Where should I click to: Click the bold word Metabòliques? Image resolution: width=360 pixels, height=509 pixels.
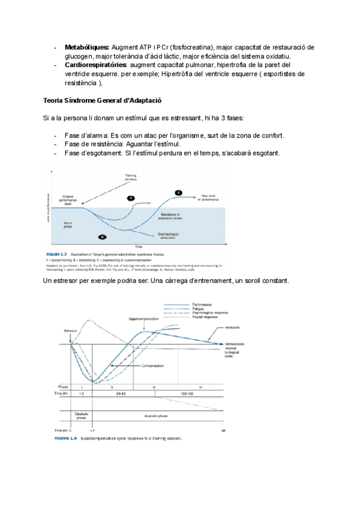click(86, 47)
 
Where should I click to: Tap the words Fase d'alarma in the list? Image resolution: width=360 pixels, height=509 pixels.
click(86, 136)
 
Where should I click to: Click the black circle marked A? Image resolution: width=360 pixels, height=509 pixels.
click(131, 197)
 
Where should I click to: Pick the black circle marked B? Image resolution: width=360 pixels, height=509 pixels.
click(103, 236)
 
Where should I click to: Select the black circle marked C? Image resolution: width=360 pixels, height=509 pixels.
click(178, 192)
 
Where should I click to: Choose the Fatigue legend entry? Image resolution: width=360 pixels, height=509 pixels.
click(207, 308)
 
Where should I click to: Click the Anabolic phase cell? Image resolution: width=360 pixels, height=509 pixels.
click(158, 415)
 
